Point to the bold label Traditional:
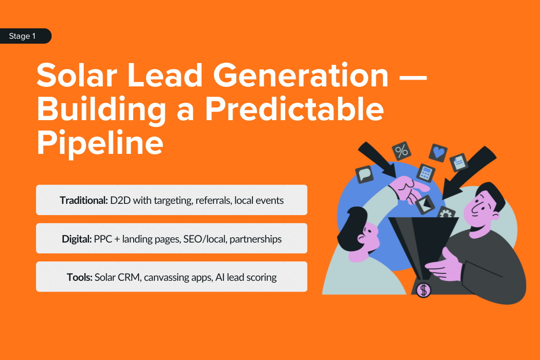coord(84,200)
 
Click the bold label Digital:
coord(77,238)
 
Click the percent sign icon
coord(401,151)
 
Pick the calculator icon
coord(425,172)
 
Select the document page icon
coord(459,162)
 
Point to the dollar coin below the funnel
coord(423,289)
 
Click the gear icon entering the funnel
coord(446,214)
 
